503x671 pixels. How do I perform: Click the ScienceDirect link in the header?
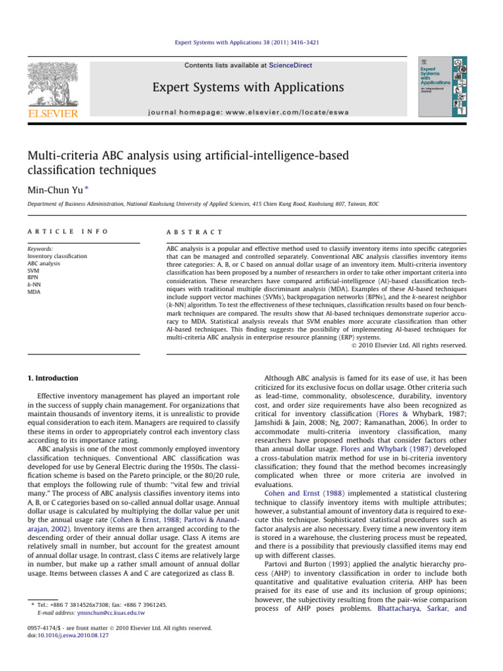click(289, 66)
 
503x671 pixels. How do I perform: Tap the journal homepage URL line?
click(244, 112)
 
